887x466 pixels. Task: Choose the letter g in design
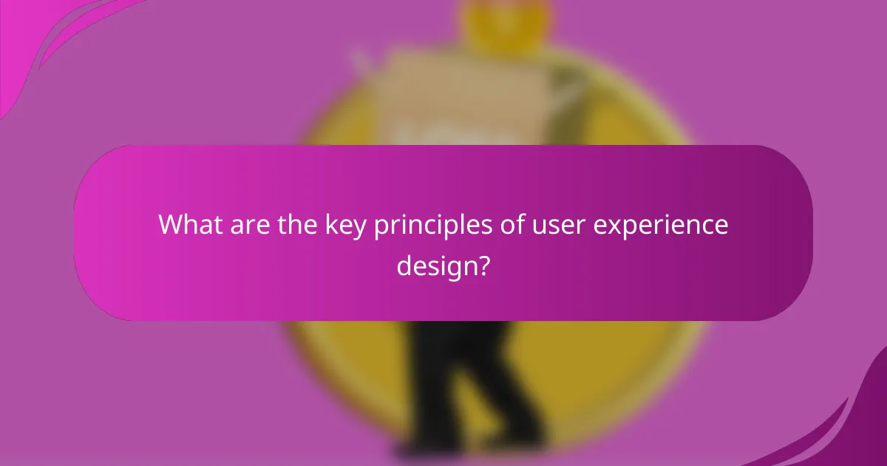tap(450, 268)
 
